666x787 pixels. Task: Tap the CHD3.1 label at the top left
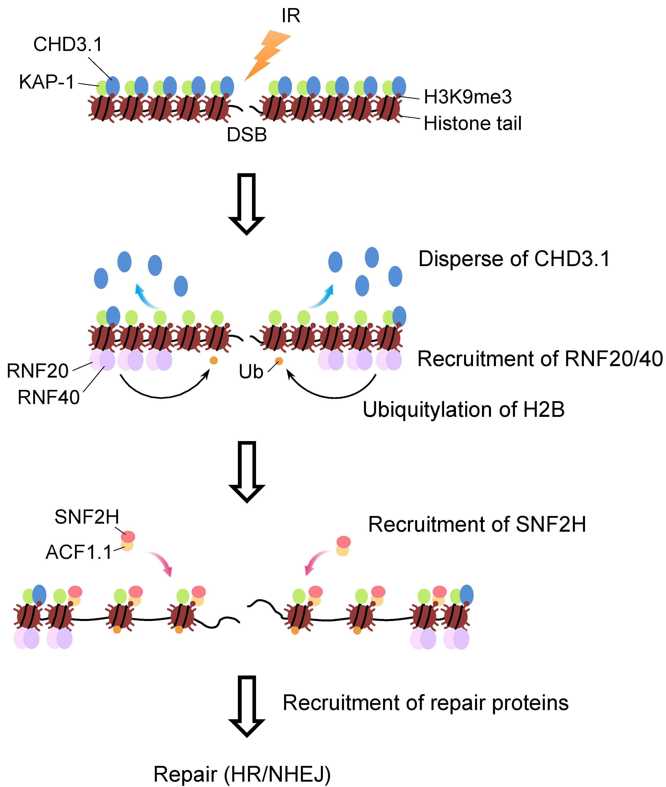tap(68, 45)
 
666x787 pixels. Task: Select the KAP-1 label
tap(47, 82)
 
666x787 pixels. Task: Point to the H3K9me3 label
tap(467, 97)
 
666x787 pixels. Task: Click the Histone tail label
tap(472, 123)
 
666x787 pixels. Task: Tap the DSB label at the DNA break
tap(247, 135)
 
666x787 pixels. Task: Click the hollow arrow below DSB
tap(247, 204)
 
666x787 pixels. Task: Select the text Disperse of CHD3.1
tap(514, 259)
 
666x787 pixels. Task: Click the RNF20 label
tap(38, 371)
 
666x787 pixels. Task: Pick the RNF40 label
tap(49, 397)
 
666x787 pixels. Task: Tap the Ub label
tap(251, 372)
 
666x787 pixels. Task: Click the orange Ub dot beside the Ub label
tap(279, 361)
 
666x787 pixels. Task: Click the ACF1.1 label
tap(79, 552)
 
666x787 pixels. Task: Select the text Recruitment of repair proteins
tap(425, 703)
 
